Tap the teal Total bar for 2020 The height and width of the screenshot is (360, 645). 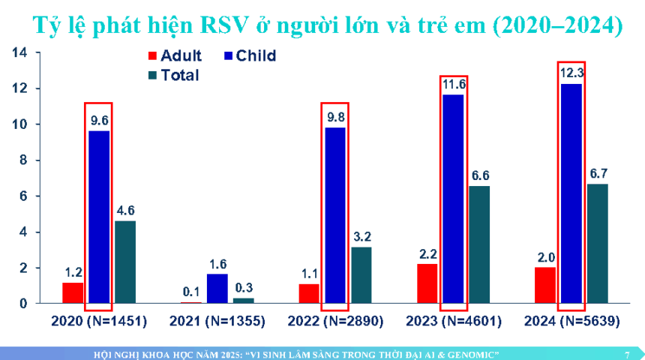125,262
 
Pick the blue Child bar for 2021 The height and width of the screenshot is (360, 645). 217,289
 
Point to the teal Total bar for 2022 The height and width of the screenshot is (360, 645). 361,274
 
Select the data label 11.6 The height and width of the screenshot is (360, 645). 454,84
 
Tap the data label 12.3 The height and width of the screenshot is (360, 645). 571,73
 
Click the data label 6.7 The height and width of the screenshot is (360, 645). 598,173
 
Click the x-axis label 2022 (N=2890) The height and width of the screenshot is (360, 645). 335,321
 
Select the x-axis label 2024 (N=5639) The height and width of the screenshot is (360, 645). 571,321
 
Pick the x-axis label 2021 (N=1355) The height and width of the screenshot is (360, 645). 217,321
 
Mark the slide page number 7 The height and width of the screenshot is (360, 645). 627,353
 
